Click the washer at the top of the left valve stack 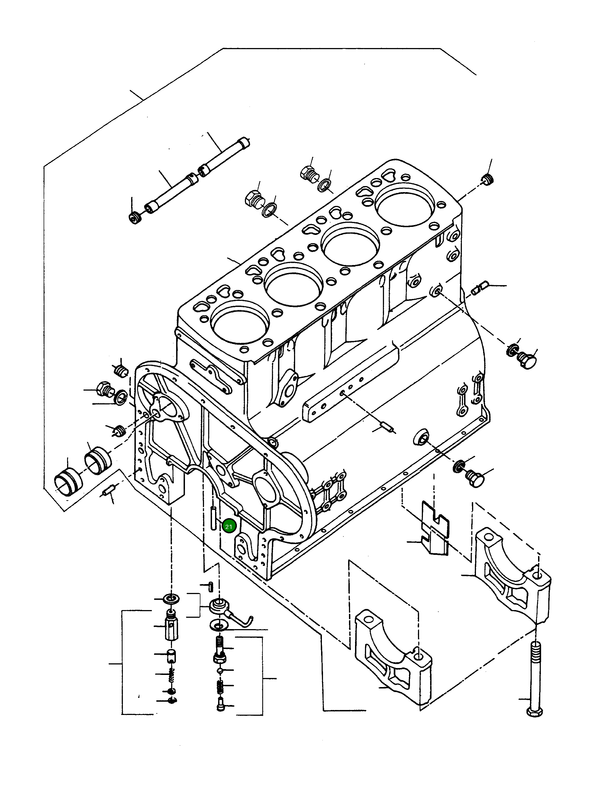[x=171, y=598]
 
